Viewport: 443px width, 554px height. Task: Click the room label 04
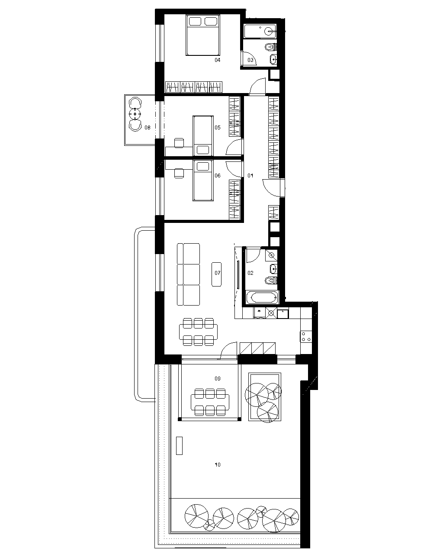[x=218, y=60]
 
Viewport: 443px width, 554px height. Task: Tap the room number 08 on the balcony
[x=147, y=127]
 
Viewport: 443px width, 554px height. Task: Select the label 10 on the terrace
[x=218, y=465]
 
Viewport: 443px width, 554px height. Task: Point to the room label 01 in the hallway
[x=250, y=176]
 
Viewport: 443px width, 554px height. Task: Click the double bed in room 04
[x=203, y=35]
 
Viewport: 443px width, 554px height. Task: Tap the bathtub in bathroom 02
[x=262, y=298]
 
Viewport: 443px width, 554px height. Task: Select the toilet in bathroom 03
[x=271, y=47]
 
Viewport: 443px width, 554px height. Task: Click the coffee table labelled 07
[x=216, y=274]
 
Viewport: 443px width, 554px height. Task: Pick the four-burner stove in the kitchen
[x=306, y=336]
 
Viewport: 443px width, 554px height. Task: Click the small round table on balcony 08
[x=135, y=113]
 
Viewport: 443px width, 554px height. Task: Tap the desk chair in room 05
[x=179, y=143]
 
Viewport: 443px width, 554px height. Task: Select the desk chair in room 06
[x=179, y=173]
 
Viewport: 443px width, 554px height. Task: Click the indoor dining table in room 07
[x=198, y=332]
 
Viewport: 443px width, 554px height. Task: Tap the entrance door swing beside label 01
[x=271, y=188]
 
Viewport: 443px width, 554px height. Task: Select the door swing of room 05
[x=234, y=147]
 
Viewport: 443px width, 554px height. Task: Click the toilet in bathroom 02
[x=271, y=280]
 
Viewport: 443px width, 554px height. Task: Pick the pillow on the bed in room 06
[x=203, y=166]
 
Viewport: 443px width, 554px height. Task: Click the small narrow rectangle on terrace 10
[x=179, y=446]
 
